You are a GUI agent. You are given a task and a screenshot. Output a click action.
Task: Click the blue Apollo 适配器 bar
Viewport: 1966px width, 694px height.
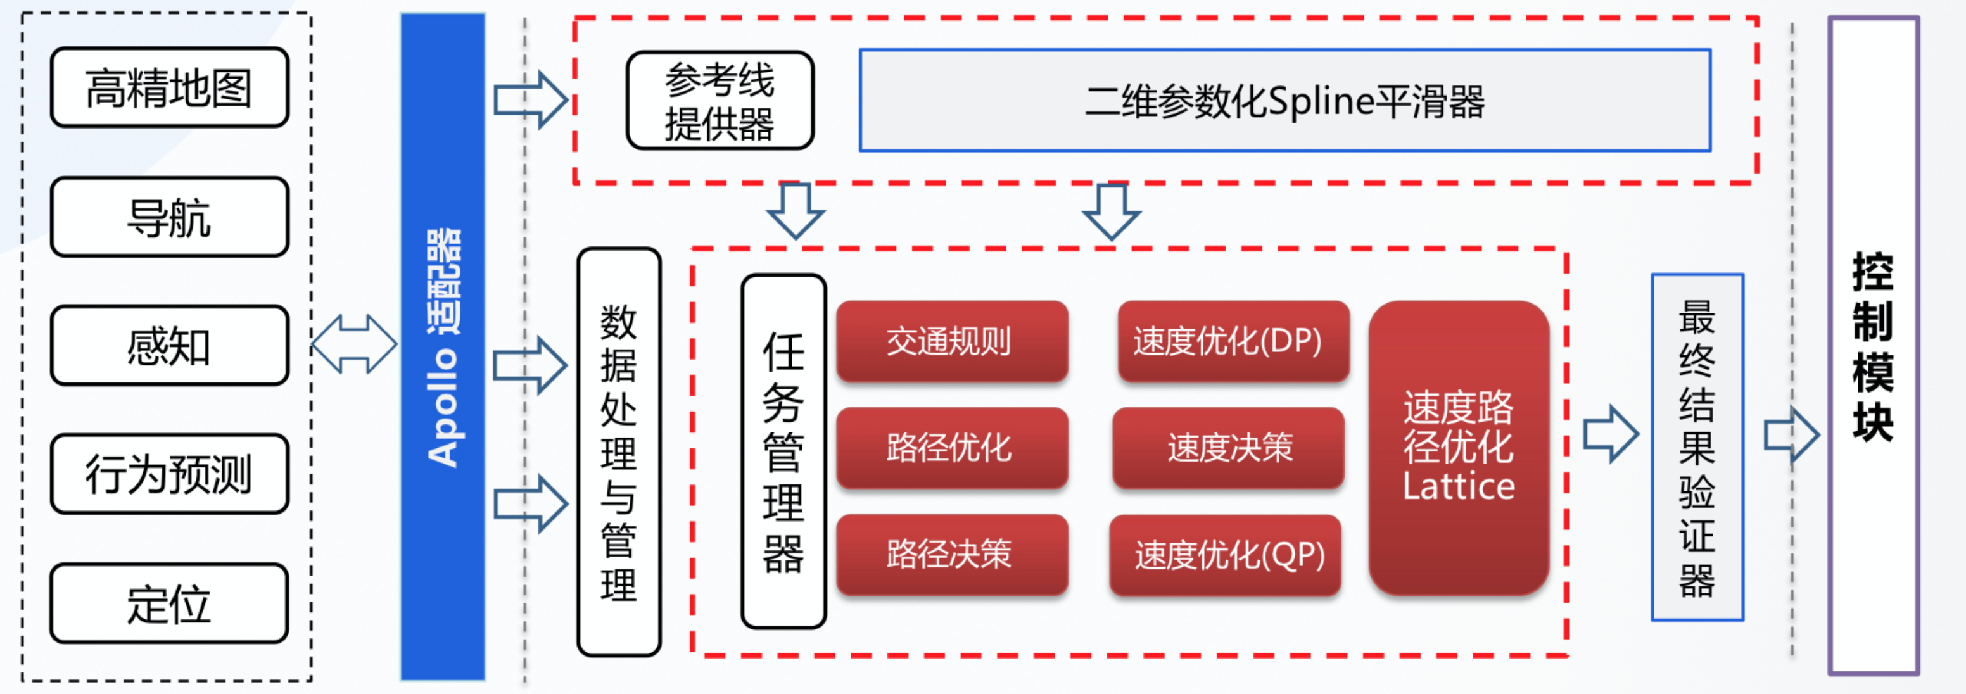[443, 347]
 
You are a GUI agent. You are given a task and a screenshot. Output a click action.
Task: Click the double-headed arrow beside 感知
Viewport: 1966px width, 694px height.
[354, 344]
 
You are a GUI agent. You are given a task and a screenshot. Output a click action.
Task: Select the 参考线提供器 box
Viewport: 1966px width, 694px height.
[720, 101]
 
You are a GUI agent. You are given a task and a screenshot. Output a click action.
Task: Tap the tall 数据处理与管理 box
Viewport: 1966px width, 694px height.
[619, 451]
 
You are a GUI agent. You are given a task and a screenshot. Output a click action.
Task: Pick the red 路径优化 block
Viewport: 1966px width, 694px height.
[951, 448]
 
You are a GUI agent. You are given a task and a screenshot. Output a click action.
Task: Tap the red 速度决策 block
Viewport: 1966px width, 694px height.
[1229, 448]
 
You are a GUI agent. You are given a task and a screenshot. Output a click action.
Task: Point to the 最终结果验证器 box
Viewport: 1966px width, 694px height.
[1697, 448]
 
